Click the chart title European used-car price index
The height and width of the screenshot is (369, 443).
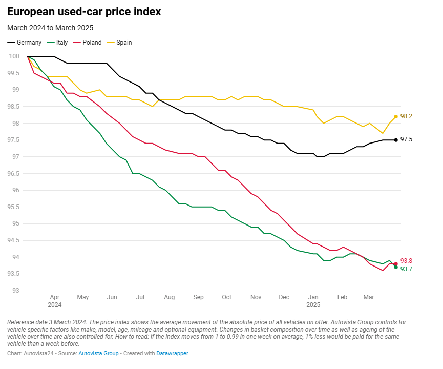[84, 12]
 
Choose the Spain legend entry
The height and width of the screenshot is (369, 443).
[123, 43]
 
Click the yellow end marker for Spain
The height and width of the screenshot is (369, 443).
[396, 116]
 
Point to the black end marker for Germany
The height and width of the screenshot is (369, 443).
[396, 140]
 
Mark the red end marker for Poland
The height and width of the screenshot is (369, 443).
[396, 264]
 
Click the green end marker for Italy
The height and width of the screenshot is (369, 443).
[396, 267]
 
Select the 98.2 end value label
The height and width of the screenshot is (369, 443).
[406, 116]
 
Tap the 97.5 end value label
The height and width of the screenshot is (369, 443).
[406, 139]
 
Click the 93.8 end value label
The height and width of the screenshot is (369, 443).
[406, 261]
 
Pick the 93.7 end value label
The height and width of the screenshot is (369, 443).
[406, 269]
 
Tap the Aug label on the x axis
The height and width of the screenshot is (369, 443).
[170, 297]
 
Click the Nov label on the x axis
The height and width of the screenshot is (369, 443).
[256, 297]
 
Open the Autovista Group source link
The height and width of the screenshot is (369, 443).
[98, 354]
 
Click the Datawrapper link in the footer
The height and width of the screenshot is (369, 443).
[172, 354]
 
